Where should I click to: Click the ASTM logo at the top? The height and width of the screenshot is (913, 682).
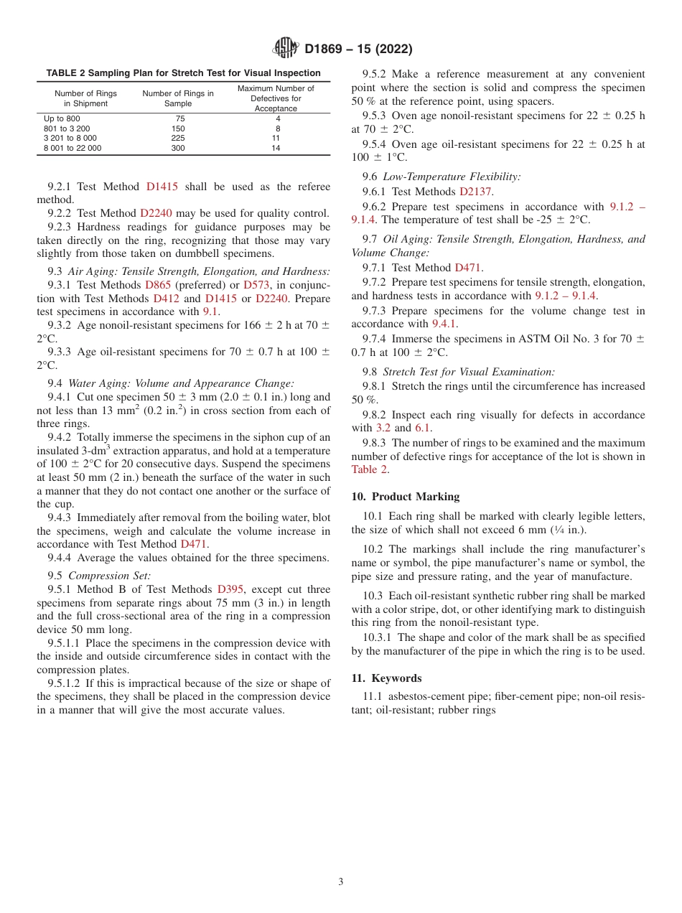pyautogui.click(x=286, y=49)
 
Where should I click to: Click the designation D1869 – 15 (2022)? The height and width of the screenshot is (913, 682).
pyautogui.click(x=358, y=50)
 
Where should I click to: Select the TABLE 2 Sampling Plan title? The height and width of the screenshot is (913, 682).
pyautogui.click(x=183, y=73)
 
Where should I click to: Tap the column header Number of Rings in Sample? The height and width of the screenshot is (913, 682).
pyautogui.click(x=178, y=98)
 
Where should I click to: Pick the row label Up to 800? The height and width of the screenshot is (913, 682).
pyautogui.click(x=62, y=118)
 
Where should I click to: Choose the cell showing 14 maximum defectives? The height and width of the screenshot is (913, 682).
pyautogui.click(x=276, y=149)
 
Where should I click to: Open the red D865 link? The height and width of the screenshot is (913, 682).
pyautogui.click(x=158, y=285)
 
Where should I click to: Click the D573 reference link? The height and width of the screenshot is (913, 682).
pyautogui.click(x=256, y=285)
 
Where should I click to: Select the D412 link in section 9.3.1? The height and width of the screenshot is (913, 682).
pyautogui.click(x=167, y=299)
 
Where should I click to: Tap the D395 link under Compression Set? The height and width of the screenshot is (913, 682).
pyautogui.click(x=230, y=589)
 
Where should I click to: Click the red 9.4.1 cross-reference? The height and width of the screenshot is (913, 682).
pyautogui.click(x=444, y=324)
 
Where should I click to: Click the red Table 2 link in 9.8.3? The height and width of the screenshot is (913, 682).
pyautogui.click(x=370, y=469)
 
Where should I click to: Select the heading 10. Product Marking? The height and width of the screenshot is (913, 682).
pyautogui.click(x=405, y=497)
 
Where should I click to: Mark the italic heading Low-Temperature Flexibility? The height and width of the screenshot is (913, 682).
pyautogui.click(x=452, y=176)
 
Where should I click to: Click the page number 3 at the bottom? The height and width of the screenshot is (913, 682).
pyautogui.click(x=341, y=882)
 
